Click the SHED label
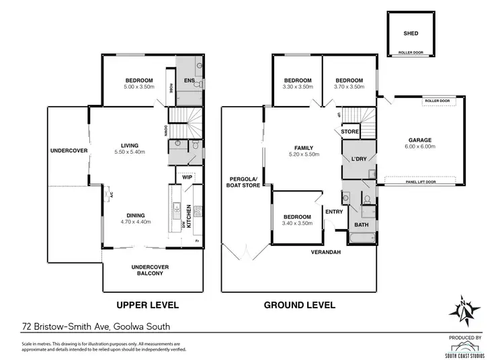(411, 32)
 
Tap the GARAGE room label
(419, 140)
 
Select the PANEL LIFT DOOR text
(421, 181)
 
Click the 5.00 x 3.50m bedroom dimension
(139, 87)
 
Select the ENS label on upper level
(190, 81)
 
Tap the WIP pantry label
(187, 177)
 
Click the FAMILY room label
(304, 147)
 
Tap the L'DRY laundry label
(358, 159)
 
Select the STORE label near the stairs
(349, 132)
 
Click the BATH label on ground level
(361, 225)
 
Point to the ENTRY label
(334, 212)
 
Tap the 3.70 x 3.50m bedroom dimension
(349, 87)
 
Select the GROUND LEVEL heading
(299, 305)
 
